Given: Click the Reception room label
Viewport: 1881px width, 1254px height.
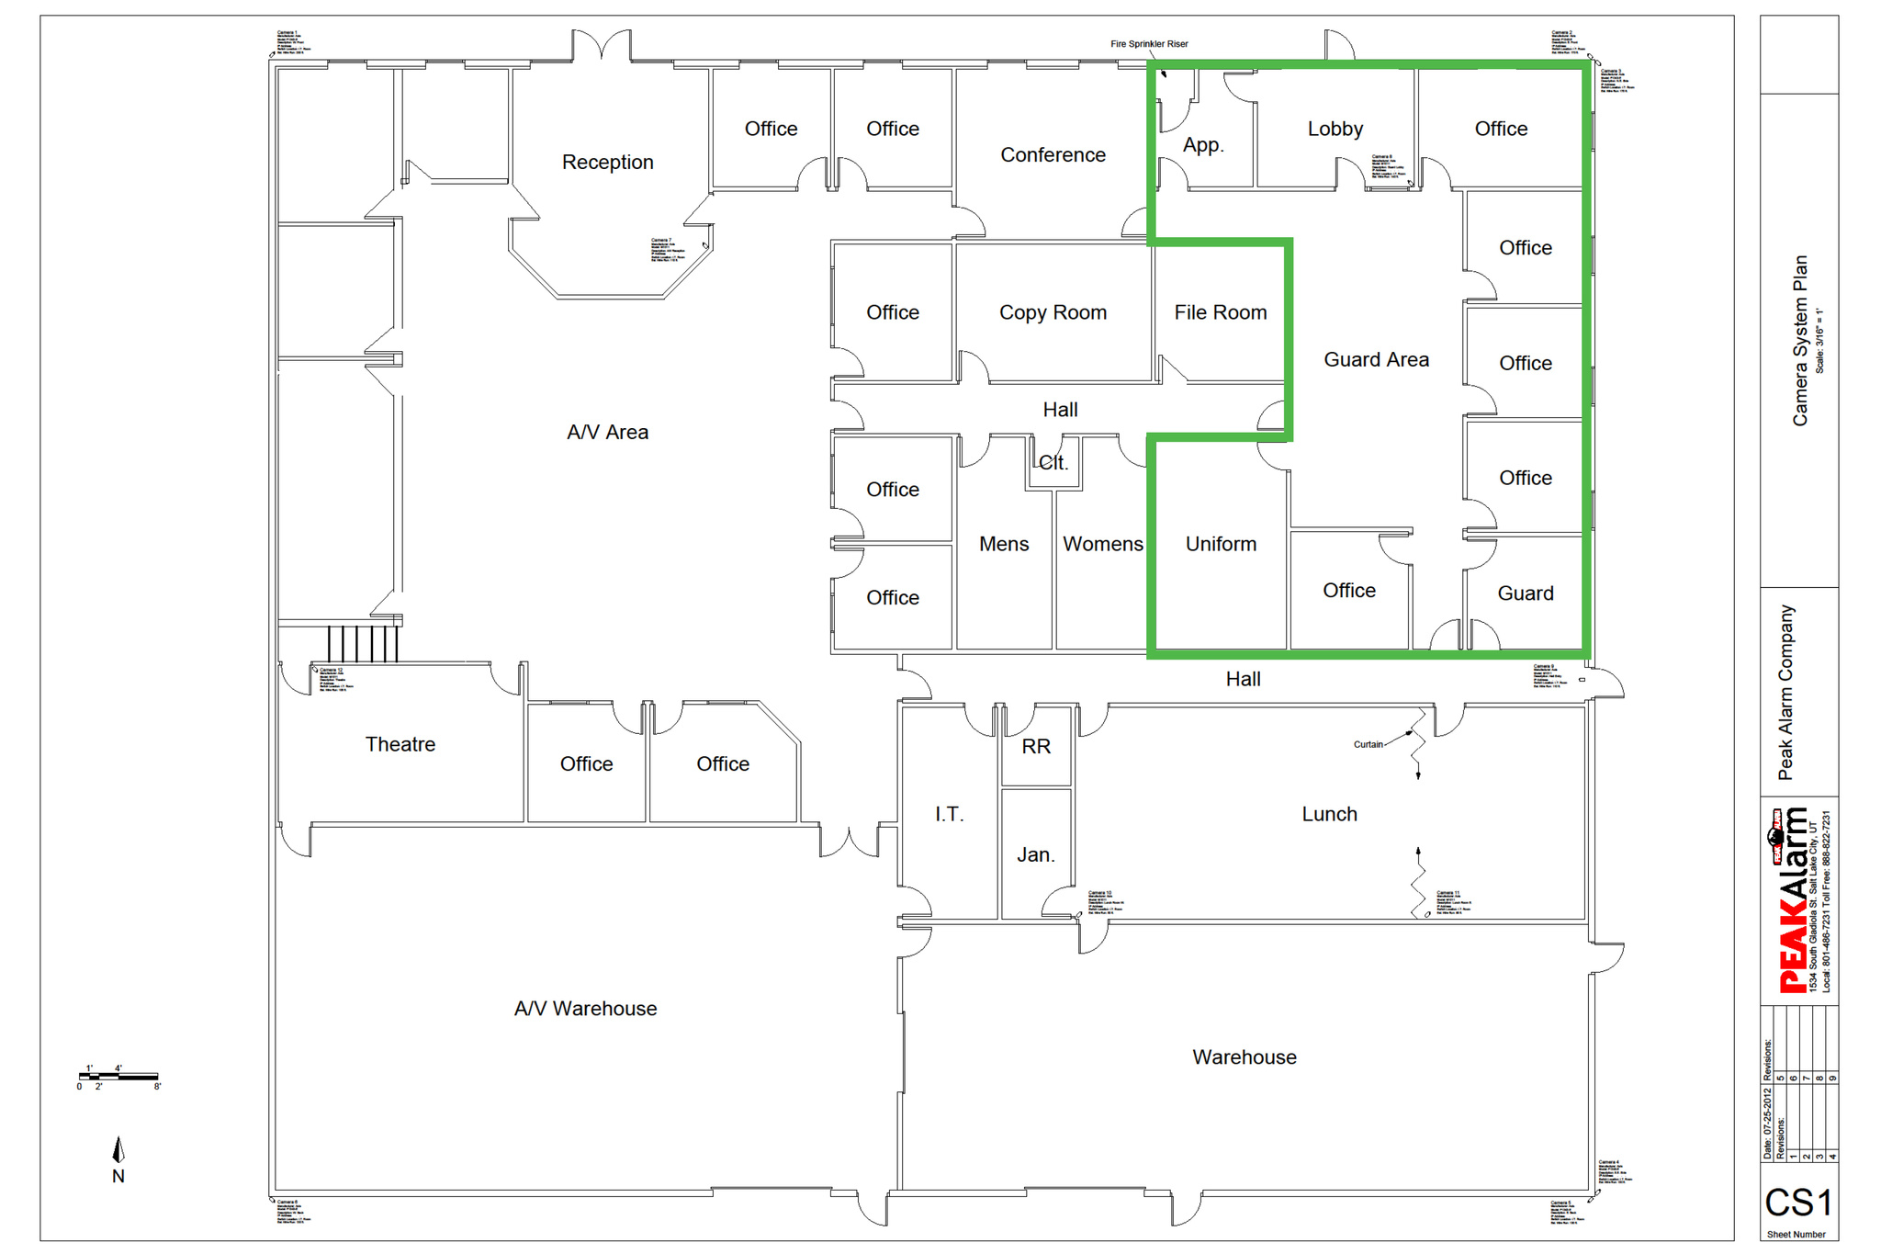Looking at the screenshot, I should [x=607, y=163].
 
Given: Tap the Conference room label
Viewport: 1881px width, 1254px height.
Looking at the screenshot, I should [x=1053, y=155].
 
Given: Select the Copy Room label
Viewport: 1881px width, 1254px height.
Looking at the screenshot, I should [x=1053, y=313].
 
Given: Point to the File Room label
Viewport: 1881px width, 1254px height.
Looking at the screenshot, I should [x=1220, y=313].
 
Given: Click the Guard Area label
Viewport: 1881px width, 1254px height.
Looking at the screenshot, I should [x=1376, y=360].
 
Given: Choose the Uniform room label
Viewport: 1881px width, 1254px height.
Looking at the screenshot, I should [x=1221, y=544].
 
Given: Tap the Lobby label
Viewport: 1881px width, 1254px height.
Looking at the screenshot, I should [x=1335, y=130].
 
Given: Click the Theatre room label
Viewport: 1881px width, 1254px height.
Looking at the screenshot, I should [x=400, y=744].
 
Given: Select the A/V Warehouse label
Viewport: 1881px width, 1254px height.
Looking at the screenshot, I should [x=585, y=1009].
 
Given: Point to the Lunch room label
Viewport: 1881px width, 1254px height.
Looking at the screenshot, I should [x=1329, y=814].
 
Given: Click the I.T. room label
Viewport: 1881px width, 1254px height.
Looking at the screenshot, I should [x=949, y=814].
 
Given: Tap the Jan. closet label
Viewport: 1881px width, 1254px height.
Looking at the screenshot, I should [x=1035, y=855].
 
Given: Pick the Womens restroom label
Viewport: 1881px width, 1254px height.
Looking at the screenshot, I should [x=1102, y=544].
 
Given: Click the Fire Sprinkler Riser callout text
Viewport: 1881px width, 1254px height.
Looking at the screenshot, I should [x=1149, y=44].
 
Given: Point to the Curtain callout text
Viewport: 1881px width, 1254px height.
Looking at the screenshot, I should [x=1368, y=744].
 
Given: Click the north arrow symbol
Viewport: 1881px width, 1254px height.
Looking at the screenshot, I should [x=118, y=1151].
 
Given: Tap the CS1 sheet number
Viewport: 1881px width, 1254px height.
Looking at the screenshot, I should [x=1797, y=1203].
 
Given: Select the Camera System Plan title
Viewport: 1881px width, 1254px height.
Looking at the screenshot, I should [x=1799, y=340].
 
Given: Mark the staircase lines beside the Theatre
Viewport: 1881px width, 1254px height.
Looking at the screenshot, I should [x=363, y=643].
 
